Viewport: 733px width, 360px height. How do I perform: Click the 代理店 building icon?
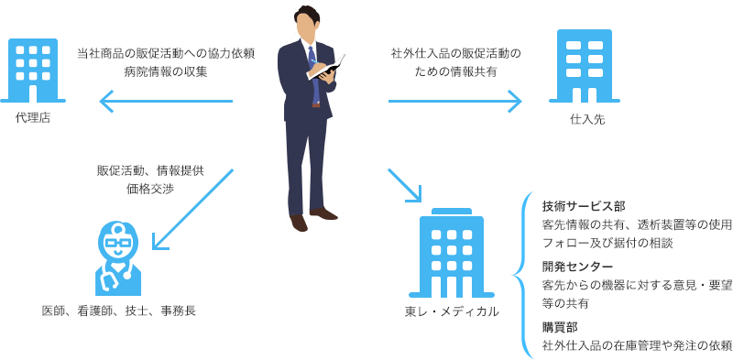(33, 71)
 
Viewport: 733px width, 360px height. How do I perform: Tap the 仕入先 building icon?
(585, 66)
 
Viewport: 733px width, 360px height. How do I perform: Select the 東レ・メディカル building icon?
(451, 253)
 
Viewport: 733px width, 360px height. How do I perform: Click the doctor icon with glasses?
(118, 258)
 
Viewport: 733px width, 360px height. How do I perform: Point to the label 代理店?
(33, 119)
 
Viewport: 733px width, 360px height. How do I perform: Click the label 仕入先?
(587, 120)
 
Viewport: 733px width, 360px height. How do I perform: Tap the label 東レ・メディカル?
(452, 311)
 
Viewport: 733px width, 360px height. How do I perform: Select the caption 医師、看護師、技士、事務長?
(118, 311)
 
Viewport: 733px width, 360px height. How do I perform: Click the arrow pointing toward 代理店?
(166, 101)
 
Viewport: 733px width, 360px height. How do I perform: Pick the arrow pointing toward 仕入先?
(454, 101)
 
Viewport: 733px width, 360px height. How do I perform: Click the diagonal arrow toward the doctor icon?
(192, 209)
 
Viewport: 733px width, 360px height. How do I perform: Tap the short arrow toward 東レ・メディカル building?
(405, 186)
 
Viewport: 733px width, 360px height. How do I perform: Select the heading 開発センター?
(577, 267)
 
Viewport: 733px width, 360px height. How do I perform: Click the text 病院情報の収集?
(166, 72)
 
